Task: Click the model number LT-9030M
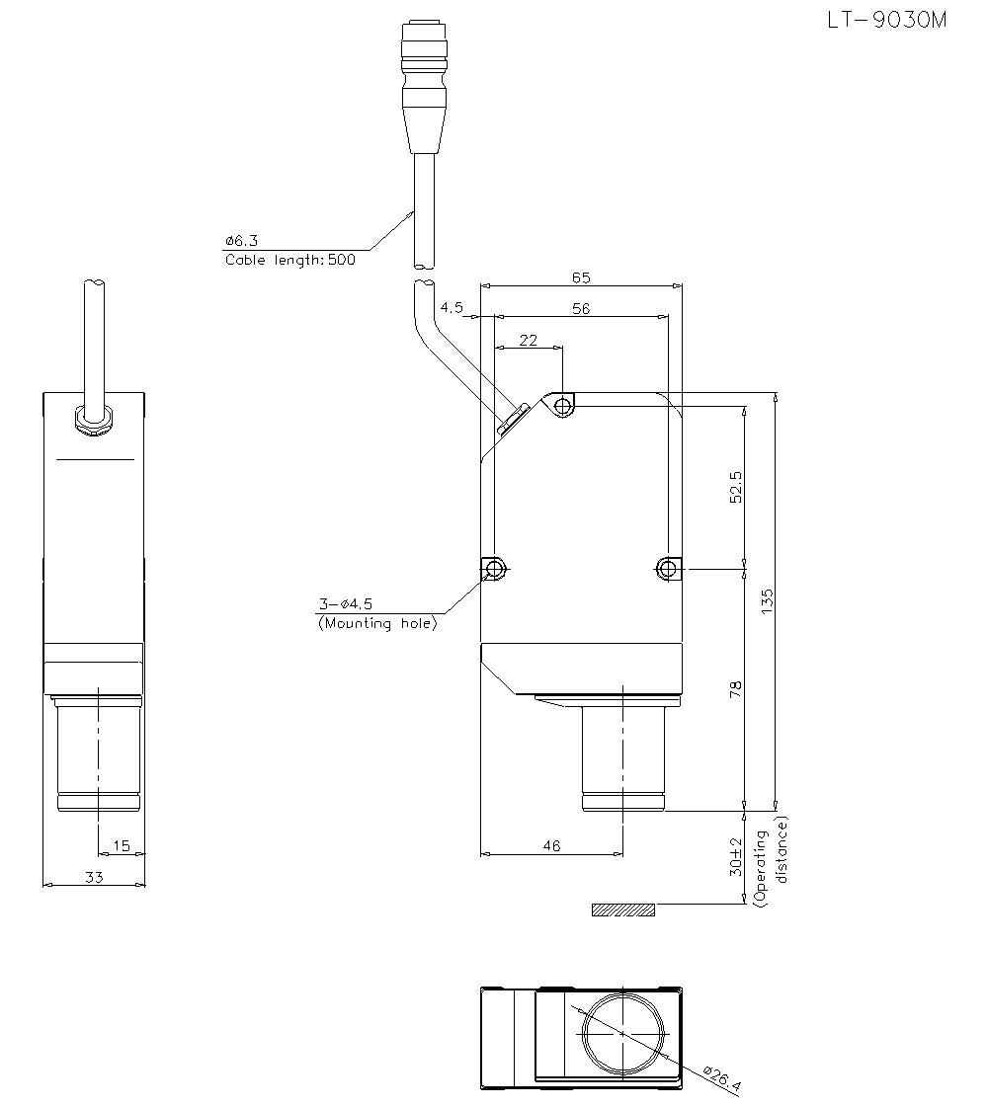coord(886,20)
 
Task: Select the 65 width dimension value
coord(581,278)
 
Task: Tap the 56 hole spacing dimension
coord(581,309)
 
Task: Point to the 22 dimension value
coord(529,340)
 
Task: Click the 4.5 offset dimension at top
coord(452,308)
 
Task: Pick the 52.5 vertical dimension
coord(735,487)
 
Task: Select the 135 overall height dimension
coord(768,602)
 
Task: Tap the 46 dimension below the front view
coord(551,845)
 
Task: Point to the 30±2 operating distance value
coord(735,856)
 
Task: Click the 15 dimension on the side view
coord(122,845)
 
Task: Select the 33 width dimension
coord(94,877)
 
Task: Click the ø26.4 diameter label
coord(723,1081)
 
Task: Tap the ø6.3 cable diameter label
coord(241,240)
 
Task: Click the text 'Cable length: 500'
coord(290,261)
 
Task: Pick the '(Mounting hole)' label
coord(376,623)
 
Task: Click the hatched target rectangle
coord(622,910)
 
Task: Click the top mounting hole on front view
coord(562,406)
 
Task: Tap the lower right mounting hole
coord(667,568)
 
